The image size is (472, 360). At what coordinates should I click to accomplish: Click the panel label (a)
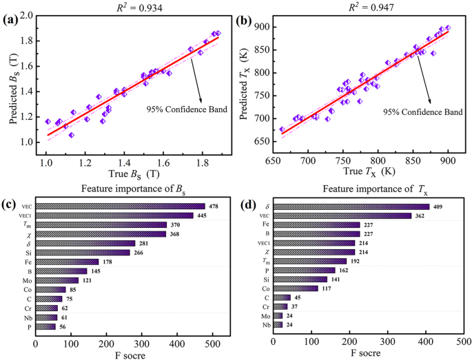point(11,20)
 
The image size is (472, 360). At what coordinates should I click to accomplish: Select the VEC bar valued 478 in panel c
point(120,206)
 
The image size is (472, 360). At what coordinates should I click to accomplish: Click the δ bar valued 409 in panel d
point(351,206)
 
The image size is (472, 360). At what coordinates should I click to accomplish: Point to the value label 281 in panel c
point(145,243)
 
